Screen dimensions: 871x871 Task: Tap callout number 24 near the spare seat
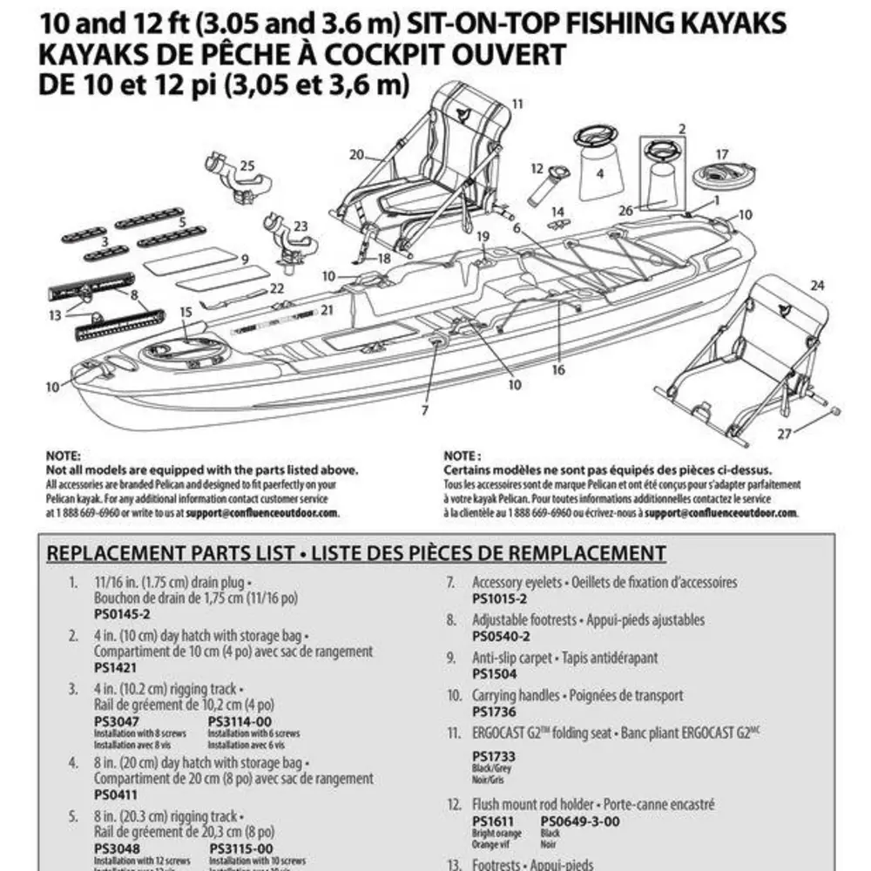pyautogui.click(x=816, y=285)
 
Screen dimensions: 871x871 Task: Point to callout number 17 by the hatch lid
pyautogui.click(x=722, y=154)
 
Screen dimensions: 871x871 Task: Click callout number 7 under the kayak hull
pyautogui.click(x=425, y=409)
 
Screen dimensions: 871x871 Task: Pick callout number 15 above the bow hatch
pyautogui.click(x=186, y=312)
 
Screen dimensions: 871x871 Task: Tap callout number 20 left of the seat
pyautogui.click(x=356, y=155)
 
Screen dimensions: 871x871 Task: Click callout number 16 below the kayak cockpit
pyautogui.click(x=558, y=369)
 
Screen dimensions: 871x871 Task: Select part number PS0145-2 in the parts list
pyautogui.click(x=116, y=613)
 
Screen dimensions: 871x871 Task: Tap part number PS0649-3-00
pyautogui.click(x=579, y=820)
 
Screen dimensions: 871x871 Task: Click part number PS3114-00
pyautogui.click(x=240, y=721)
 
